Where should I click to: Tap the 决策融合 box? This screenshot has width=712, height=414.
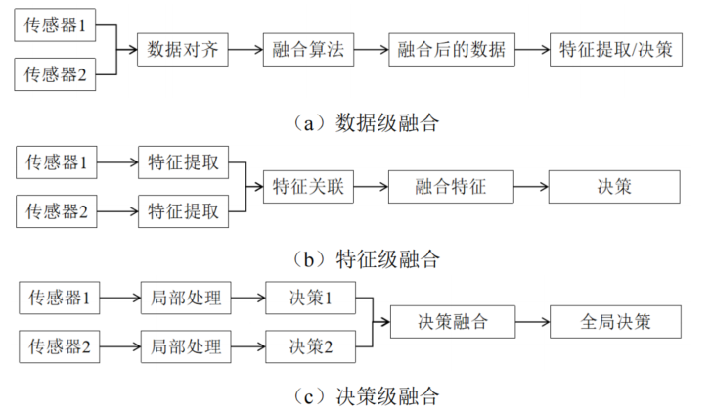pos(452,321)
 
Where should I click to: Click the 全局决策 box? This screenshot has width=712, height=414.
pos(615,321)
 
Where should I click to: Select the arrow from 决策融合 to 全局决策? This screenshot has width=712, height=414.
pos(532,321)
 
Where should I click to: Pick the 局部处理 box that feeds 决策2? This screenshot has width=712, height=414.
pos(185,345)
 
